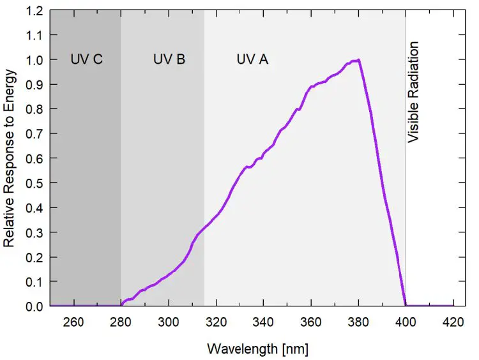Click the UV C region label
(86, 59)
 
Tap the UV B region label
(169, 59)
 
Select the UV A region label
(252, 59)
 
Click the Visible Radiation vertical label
(414, 92)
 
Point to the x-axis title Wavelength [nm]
(258, 349)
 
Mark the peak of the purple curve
(359, 60)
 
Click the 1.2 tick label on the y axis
(35, 11)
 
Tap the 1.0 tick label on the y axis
(35, 60)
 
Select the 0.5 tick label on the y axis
(35, 183)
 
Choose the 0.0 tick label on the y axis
(35, 306)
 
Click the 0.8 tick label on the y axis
(35, 109)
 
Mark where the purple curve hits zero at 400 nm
(405, 306)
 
